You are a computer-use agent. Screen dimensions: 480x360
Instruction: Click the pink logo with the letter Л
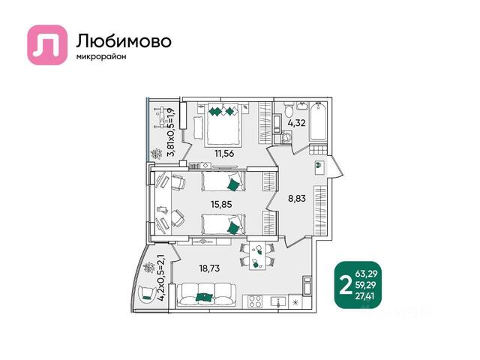click(x=47, y=45)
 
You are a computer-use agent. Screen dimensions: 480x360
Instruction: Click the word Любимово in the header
click(x=124, y=41)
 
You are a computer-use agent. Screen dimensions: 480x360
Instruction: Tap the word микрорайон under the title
click(x=101, y=57)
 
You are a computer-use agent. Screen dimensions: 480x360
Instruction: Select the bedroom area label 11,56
click(x=224, y=153)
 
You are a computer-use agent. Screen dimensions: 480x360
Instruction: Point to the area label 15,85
click(x=221, y=204)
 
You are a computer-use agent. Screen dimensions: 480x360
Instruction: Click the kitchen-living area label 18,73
click(x=209, y=268)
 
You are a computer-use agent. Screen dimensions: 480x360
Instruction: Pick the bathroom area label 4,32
click(x=296, y=123)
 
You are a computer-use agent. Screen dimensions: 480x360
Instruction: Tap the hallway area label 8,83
click(x=297, y=198)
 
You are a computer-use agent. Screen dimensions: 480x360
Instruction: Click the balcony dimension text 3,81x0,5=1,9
click(x=170, y=133)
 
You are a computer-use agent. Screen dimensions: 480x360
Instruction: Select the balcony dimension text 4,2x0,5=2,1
click(x=161, y=277)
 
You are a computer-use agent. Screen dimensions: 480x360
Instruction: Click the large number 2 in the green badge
click(x=346, y=286)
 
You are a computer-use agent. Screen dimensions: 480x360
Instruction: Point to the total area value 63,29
click(x=366, y=274)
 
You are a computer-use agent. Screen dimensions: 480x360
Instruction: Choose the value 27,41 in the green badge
click(x=366, y=296)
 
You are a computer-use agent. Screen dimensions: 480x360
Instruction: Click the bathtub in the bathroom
click(x=318, y=121)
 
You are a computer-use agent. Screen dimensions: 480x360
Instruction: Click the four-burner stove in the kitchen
click(x=255, y=301)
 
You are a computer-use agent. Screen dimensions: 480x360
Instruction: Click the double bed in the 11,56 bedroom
click(x=223, y=124)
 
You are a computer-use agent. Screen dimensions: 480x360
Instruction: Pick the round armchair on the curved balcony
click(x=146, y=294)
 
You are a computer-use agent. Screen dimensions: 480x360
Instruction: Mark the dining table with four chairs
click(x=257, y=255)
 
